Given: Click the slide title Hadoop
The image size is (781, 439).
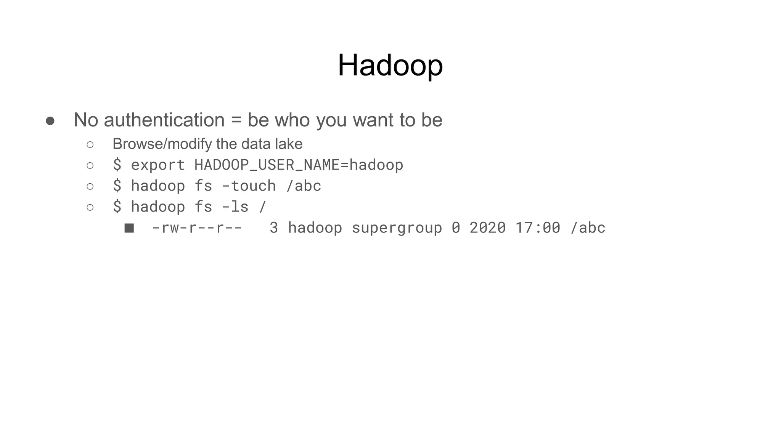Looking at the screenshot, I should pos(390,66).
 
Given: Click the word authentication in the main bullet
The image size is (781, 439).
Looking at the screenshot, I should pos(164,120).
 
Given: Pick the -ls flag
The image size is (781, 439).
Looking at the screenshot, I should pos(235,207).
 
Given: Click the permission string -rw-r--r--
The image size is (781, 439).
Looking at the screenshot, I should pos(197,228).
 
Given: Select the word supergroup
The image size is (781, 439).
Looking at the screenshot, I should pos(397,228).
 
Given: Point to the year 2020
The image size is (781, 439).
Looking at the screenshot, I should pos(487,228).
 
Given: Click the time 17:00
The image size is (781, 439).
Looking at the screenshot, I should pos(538,228).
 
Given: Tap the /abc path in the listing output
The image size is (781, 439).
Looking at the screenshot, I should pos(588,228).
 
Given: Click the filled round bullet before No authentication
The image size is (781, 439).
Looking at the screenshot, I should pos(50,121).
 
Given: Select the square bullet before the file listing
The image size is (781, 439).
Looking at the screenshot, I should pos(129,228).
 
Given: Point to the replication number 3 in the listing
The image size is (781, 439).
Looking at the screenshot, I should pos(273,228).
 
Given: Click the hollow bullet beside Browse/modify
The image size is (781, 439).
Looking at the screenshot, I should pos(90,145).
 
